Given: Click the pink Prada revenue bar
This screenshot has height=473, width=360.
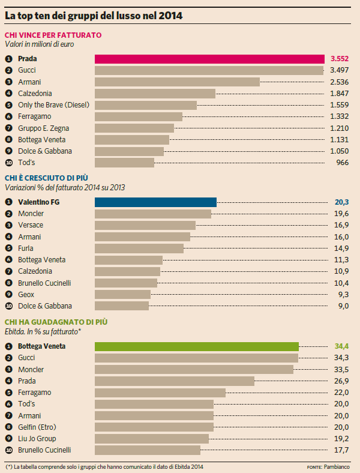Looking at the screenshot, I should coord(210,59).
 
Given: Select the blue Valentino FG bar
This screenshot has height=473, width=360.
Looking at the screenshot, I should coord(156,202).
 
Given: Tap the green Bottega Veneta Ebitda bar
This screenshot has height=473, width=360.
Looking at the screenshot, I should coord(197,346).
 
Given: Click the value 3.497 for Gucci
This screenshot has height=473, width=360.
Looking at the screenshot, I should coord(340,70).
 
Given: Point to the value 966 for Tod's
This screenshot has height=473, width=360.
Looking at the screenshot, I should coord(343,163).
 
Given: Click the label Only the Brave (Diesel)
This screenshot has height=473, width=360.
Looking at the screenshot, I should coord(53,105).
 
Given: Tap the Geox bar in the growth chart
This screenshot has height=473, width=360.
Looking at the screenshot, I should coord(123,294).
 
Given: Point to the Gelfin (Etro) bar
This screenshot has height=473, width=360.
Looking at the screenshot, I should coord(154,427).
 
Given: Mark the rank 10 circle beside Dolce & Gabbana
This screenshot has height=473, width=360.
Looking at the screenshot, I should coord(9,306).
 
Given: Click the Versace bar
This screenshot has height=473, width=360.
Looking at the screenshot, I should coord(145,225).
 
